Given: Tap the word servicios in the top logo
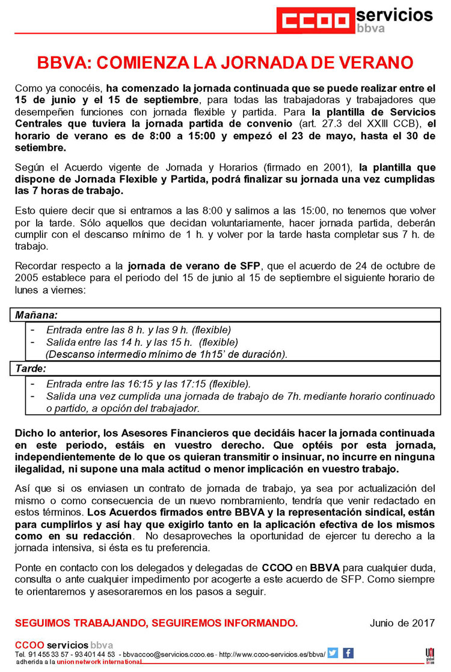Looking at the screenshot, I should (394, 14).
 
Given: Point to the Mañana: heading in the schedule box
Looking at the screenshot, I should (36, 315).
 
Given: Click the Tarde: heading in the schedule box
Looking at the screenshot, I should (31, 368).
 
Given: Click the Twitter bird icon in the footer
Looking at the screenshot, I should (333, 653).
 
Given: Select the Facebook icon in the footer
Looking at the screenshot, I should (348, 653).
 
